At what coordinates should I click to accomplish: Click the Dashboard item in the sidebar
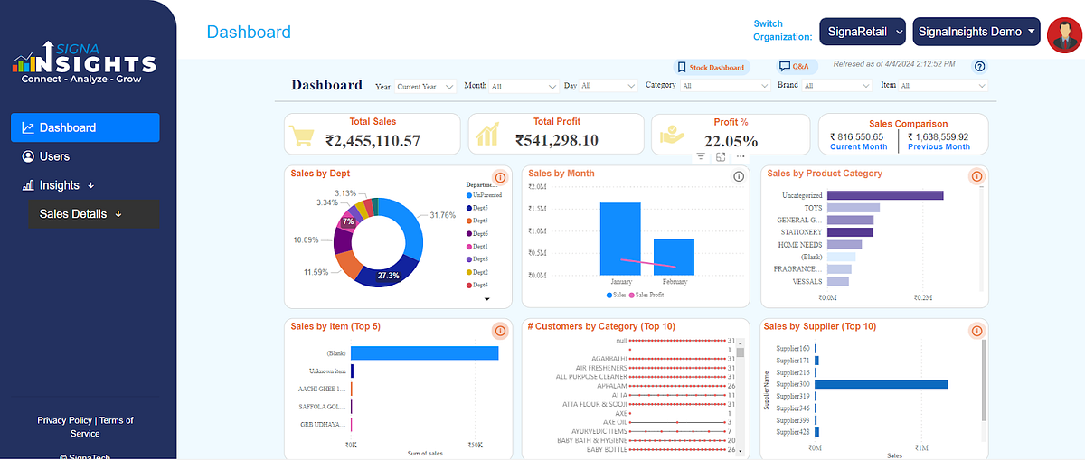click(84, 127)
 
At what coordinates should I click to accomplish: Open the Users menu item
click(54, 156)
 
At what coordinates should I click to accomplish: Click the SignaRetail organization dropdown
click(863, 32)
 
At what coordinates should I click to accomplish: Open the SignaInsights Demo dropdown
click(976, 32)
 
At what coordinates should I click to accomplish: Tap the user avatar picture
click(1064, 34)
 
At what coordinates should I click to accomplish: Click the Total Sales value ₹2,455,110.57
click(373, 140)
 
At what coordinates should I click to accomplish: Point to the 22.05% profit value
click(731, 141)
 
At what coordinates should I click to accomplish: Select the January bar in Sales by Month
click(620, 239)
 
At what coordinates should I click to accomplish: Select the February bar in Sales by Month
click(674, 257)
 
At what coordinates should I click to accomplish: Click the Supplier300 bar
click(881, 384)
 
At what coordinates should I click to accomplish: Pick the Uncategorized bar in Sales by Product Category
click(885, 195)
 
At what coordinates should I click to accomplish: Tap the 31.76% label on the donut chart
click(443, 215)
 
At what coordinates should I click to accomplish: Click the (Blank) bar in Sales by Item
click(424, 352)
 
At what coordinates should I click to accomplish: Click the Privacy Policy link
click(64, 420)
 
